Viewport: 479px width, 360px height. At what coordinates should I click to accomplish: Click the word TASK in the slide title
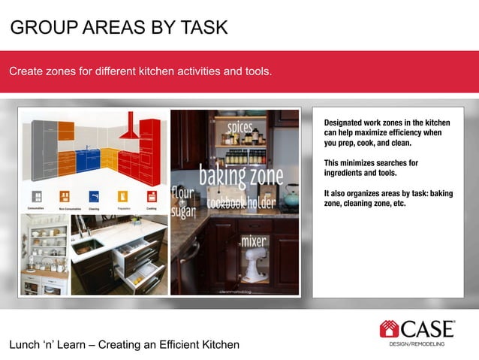(x=203, y=28)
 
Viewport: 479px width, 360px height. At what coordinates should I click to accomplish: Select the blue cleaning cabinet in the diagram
(x=87, y=159)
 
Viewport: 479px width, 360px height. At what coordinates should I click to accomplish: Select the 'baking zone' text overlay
(x=240, y=177)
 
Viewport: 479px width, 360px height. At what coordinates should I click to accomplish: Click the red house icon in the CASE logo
(x=390, y=328)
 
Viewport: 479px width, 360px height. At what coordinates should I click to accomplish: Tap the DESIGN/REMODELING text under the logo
(x=417, y=343)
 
